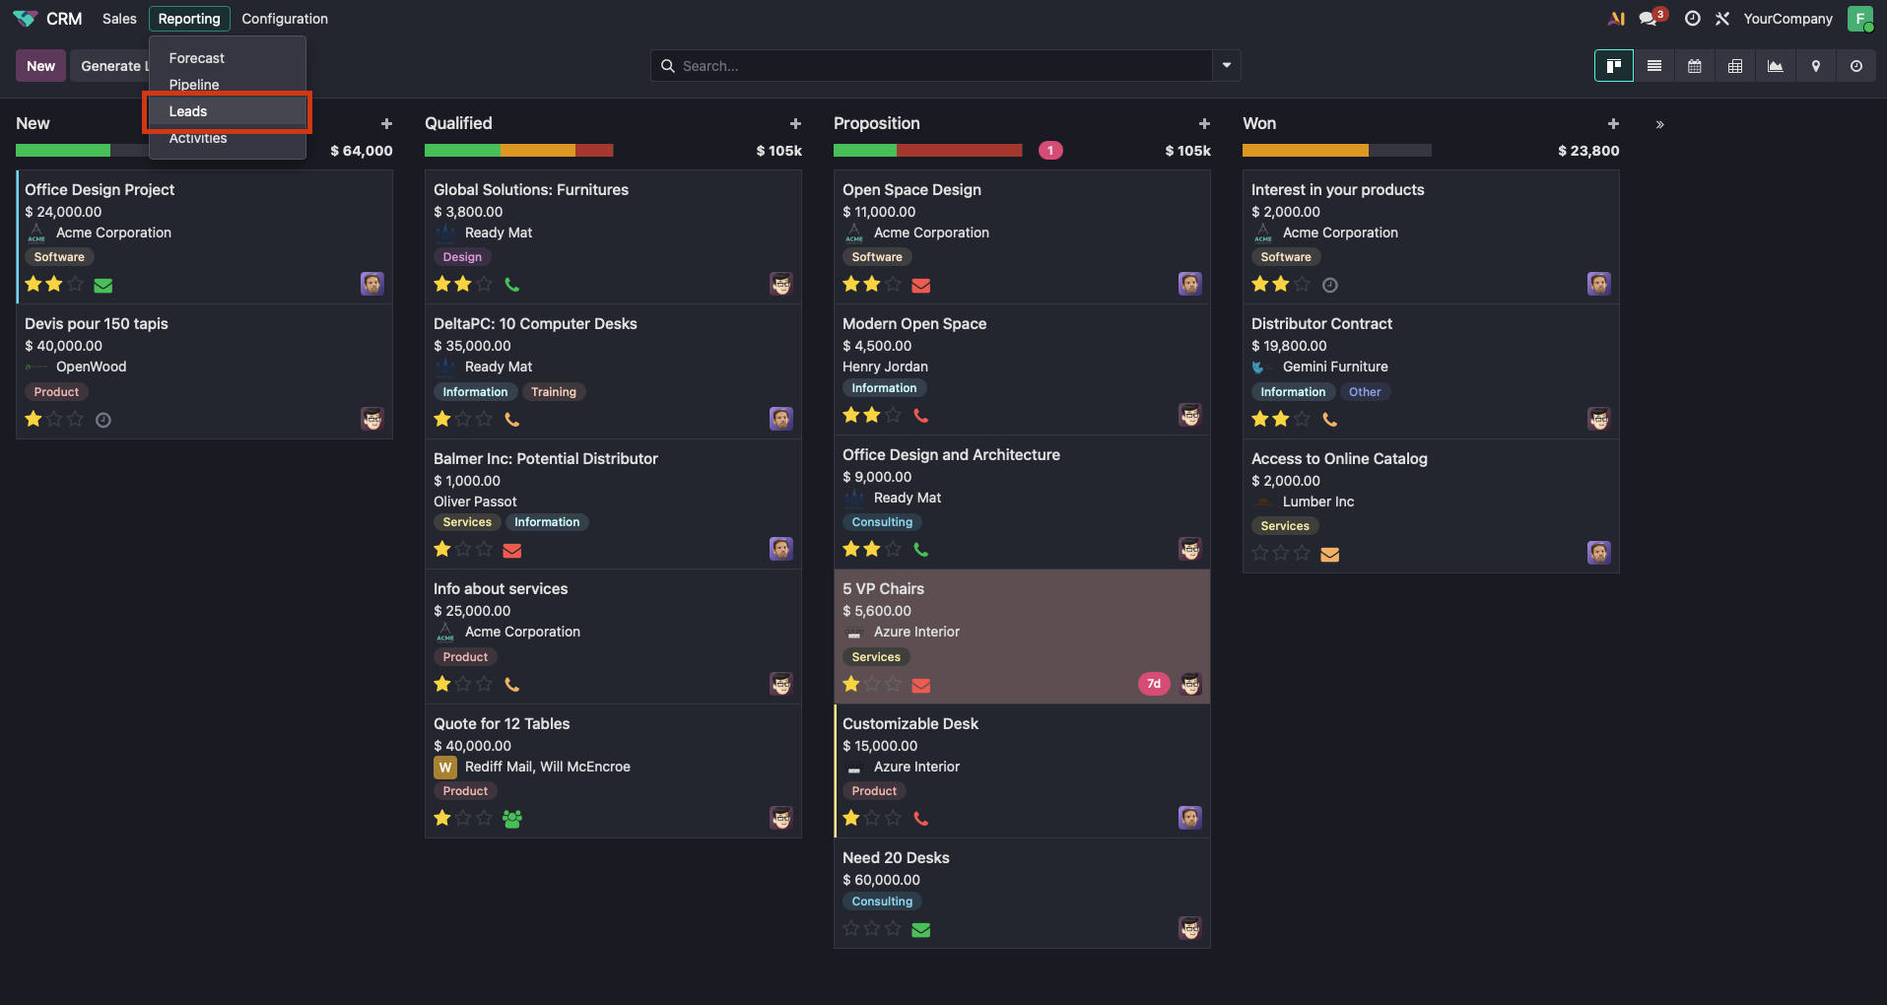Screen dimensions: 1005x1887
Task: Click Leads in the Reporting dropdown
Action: click(x=188, y=111)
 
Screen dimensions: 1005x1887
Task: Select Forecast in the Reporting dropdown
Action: click(x=197, y=58)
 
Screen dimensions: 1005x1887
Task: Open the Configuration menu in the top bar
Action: click(x=285, y=19)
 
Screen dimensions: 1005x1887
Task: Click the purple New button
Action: click(x=40, y=66)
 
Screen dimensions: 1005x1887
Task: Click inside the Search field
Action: click(x=931, y=66)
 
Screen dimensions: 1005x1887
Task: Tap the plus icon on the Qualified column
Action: click(x=795, y=124)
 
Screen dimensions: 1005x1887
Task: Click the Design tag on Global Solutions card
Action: click(x=462, y=257)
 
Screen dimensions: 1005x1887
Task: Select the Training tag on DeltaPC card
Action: click(x=553, y=392)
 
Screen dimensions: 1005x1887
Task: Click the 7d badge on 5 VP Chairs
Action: click(x=1153, y=684)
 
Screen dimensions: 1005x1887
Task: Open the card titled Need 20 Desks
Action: click(x=896, y=858)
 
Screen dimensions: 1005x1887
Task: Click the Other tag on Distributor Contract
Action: click(x=1364, y=392)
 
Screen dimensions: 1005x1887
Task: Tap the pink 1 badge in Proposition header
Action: click(x=1050, y=151)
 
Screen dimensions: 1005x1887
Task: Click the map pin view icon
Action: click(x=1815, y=66)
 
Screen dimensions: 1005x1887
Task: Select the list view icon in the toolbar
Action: click(x=1654, y=66)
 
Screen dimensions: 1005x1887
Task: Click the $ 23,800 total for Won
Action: click(x=1587, y=151)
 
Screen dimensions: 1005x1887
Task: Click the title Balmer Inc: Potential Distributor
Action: click(x=545, y=459)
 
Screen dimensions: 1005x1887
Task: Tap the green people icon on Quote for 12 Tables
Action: click(x=511, y=819)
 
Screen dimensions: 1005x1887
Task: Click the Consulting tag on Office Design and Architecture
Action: click(x=882, y=522)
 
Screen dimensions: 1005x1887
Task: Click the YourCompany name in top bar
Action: click(x=1787, y=19)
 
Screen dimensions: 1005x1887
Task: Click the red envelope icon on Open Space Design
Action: click(x=921, y=286)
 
